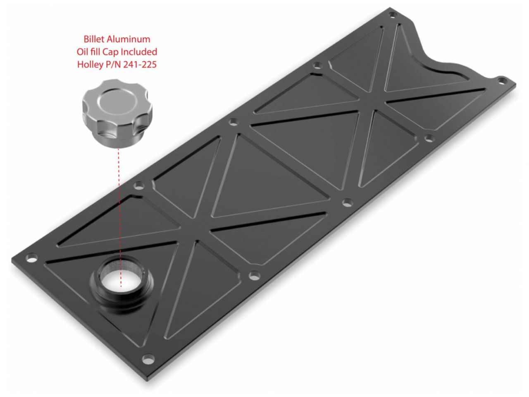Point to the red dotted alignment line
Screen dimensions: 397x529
pyautogui.click(x=119, y=207)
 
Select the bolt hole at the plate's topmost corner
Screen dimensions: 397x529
pyautogui.click(x=393, y=14)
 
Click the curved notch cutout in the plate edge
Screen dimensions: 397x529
pyautogui.click(x=438, y=62)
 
